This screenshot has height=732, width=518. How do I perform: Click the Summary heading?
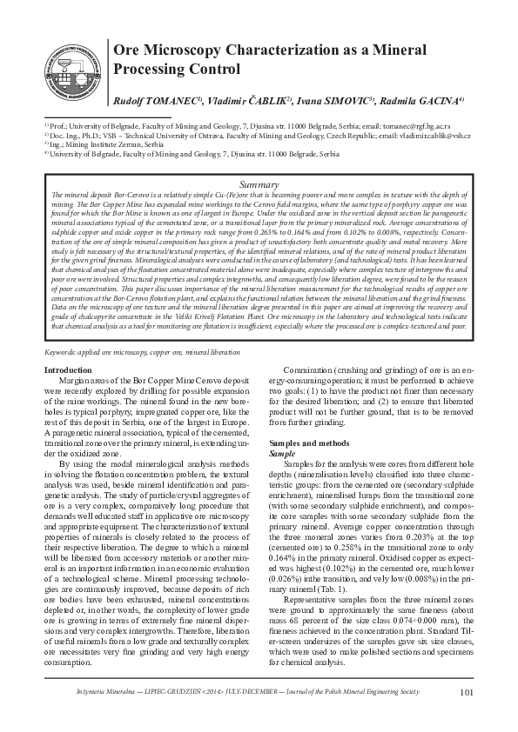[259, 185]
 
